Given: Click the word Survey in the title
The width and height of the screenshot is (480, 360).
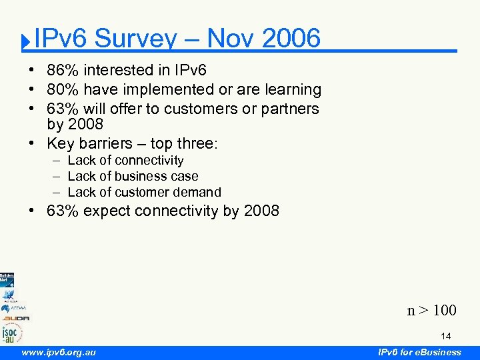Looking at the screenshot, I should pos(136,39).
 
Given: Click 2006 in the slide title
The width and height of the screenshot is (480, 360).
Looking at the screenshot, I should pos(291,39).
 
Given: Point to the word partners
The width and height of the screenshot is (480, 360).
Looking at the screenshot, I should pos(289,108).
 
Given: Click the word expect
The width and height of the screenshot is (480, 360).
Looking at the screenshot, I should pos(107,211).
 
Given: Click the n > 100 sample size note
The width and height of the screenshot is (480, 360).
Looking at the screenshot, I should pos(432,310).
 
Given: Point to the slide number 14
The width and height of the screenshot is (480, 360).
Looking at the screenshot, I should pos(445,337).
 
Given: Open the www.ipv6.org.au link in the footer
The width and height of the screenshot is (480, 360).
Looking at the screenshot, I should pos(59,352).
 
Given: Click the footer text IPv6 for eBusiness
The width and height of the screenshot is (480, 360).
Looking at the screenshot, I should pos(419,352).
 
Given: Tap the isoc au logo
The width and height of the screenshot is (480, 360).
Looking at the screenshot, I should pos(11,332).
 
